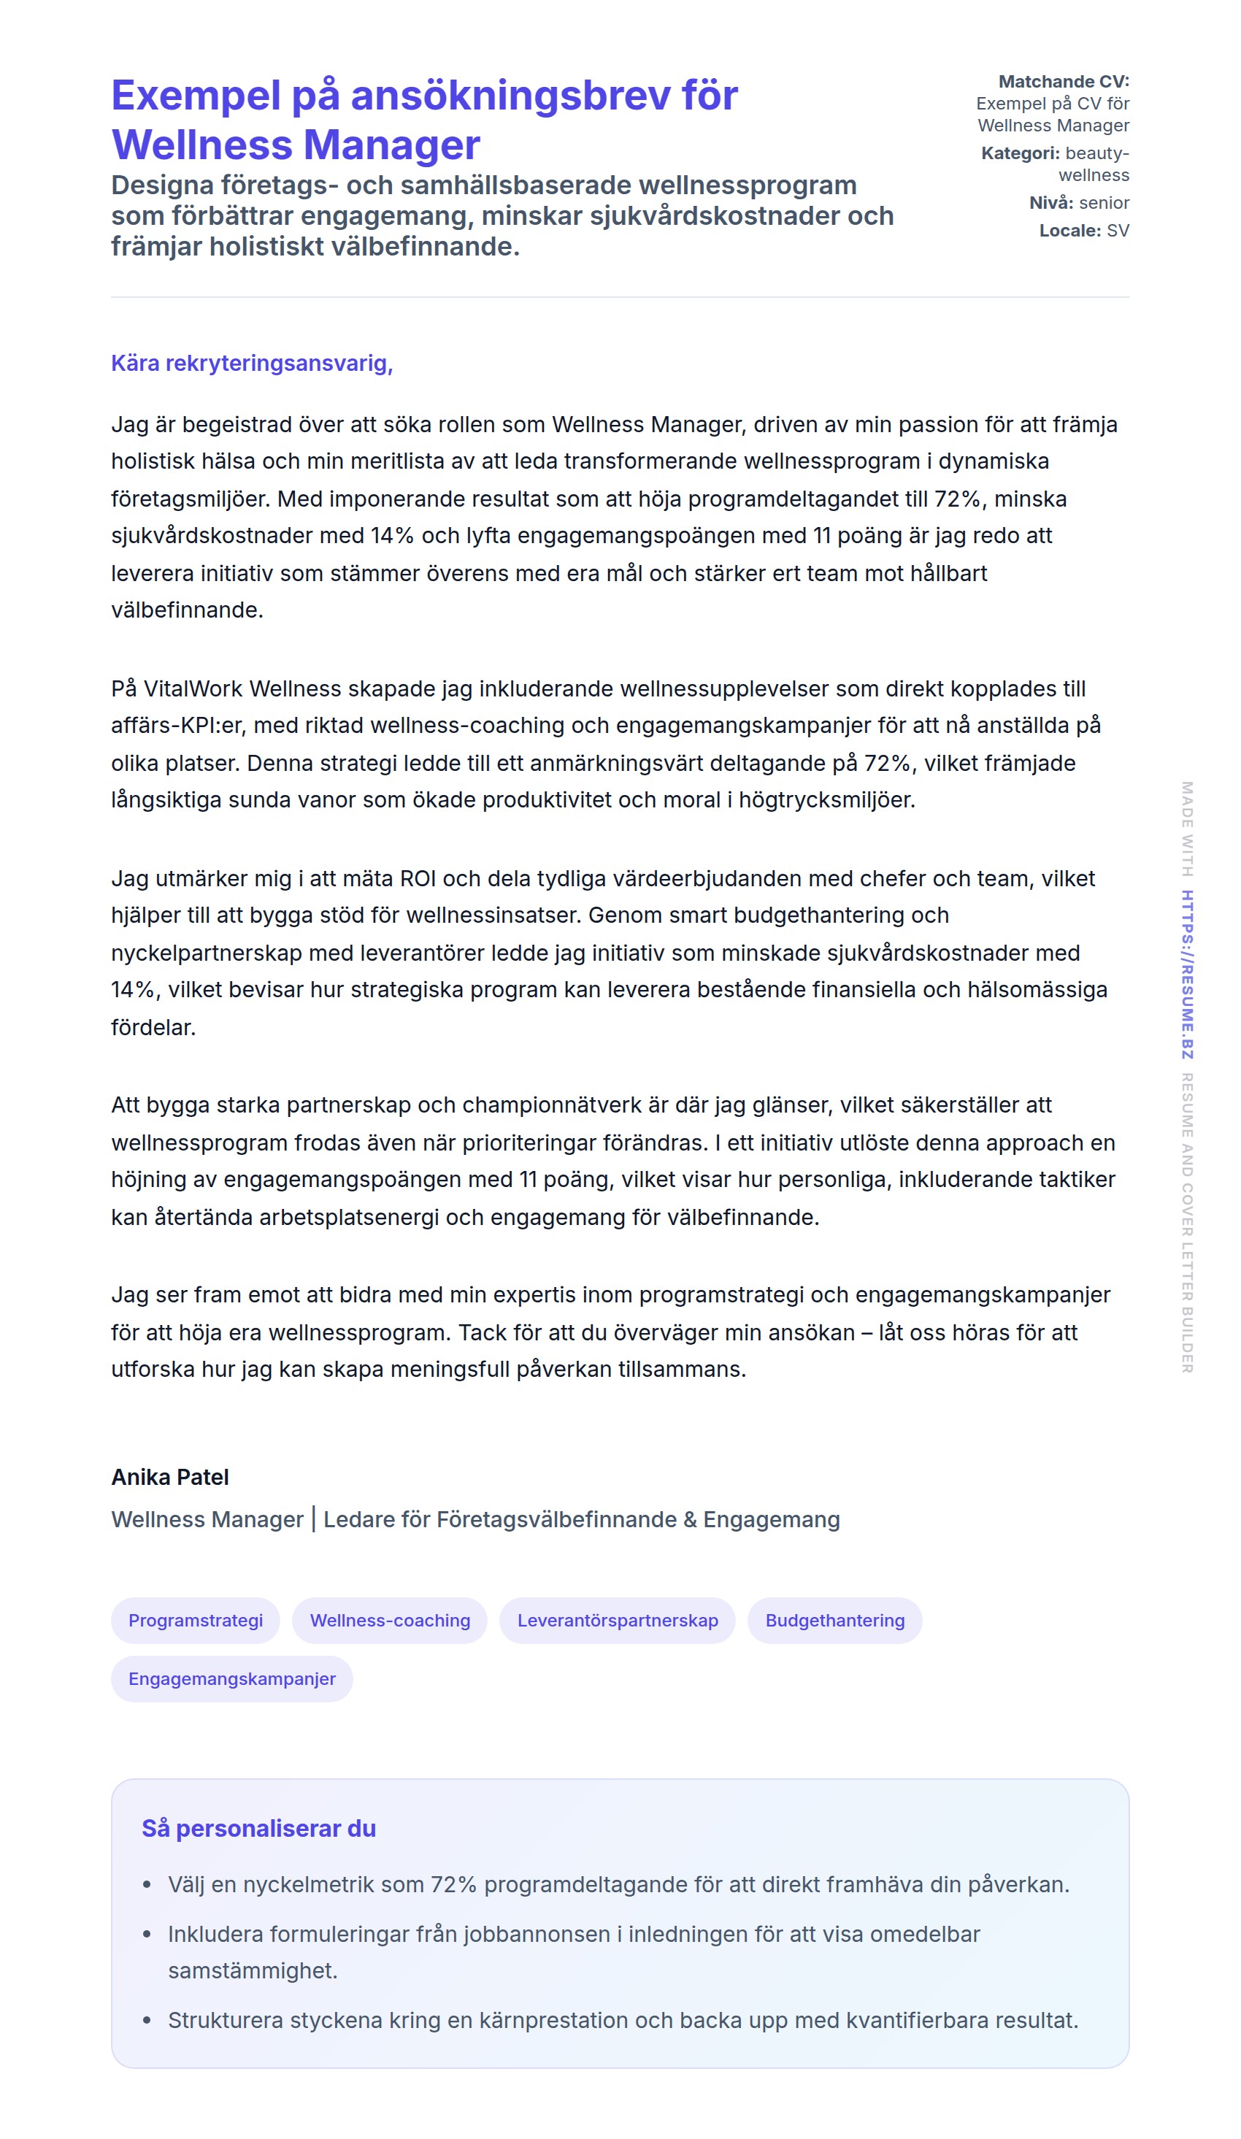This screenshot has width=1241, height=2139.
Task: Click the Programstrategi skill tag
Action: tap(195, 1621)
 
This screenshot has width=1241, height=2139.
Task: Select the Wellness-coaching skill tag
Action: tap(390, 1621)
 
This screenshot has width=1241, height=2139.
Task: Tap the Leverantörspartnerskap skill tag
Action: tap(617, 1621)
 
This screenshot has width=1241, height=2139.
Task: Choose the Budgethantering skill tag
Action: tap(834, 1621)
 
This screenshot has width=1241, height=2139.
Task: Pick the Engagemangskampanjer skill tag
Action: tap(231, 1679)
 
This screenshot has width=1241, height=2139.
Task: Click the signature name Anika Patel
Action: tap(170, 1478)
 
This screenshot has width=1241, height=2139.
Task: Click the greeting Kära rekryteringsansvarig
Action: tap(251, 364)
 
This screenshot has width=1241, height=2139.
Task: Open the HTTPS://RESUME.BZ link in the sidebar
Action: tap(1188, 974)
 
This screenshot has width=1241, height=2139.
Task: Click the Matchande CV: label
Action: tap(1063, 82)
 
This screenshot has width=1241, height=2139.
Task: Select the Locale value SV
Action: tap(1117, 231)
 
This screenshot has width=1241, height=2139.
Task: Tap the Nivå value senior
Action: tap(1104, 203)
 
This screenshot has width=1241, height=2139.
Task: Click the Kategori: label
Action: tap(1020, 153)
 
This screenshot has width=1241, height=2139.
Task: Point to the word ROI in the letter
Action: tap(417, 878)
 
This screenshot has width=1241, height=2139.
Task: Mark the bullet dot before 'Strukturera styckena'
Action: tap(147, 2020)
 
